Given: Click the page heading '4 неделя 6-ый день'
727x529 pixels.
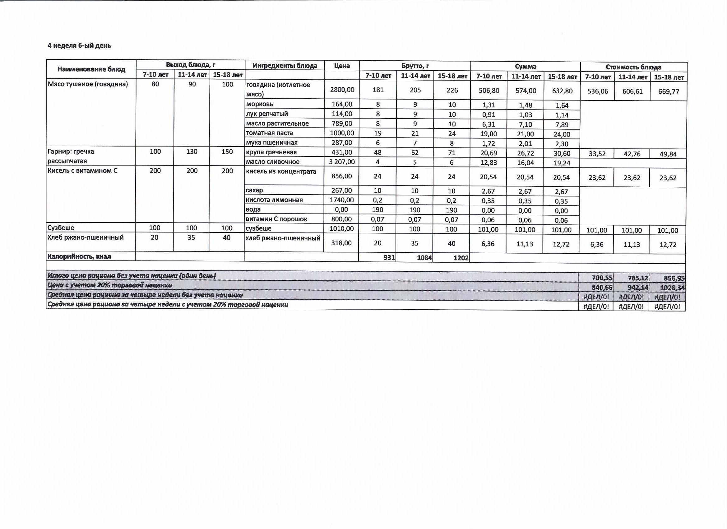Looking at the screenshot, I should pos(79,45).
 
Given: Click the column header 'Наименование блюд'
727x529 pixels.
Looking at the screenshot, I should pos(91,69).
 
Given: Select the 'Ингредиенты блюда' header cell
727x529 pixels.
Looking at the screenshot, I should pos(285,66).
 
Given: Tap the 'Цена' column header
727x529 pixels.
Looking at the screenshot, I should pos(342,66).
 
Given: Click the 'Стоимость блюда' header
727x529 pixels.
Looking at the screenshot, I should pos(633,67).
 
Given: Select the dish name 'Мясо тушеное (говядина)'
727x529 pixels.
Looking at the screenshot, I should pos(88,84).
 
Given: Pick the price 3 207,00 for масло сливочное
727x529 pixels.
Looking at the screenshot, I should pos(342,162).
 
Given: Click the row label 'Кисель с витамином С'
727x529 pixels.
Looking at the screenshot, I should pos(82,171).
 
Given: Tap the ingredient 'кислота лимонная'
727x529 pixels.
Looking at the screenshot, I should pos(274,200).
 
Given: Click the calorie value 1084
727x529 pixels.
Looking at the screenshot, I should pos(424,258).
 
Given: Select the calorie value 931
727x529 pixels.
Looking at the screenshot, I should pos(389,258).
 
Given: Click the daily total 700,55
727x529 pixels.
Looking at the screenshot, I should pos(602,278).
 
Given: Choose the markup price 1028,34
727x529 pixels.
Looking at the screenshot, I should pos(672,288).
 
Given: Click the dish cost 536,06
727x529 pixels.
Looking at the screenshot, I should pos(598,91).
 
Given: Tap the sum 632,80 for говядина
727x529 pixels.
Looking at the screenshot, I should pos(562,91).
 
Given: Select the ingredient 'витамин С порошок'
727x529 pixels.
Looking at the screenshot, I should pos(276,219).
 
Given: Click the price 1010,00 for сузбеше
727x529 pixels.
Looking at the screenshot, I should pos(341,229).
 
